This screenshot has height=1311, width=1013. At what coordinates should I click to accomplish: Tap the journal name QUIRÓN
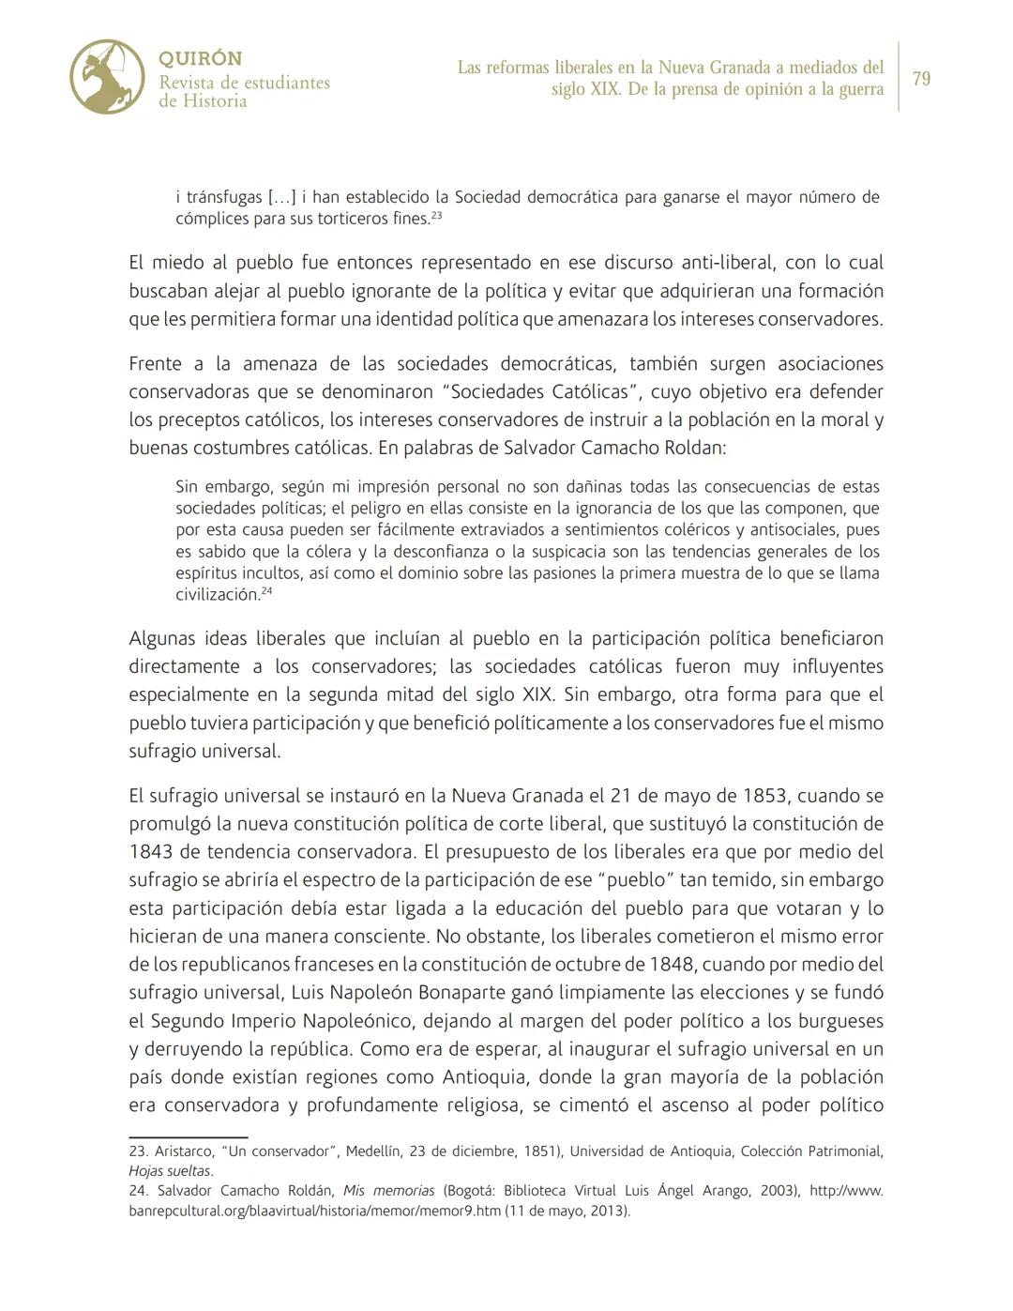click(x=200, y=59)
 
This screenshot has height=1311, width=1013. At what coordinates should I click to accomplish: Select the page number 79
click(x=921, y=79)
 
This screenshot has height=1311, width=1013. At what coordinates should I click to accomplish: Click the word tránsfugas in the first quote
click(x=224, y=198)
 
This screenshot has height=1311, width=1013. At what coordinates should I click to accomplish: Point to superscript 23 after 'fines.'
click(x=437, y=216)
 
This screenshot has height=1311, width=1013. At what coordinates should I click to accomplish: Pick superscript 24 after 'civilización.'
click(x=266, y=591)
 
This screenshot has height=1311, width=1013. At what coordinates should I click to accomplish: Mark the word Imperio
click(x=262, y=1021)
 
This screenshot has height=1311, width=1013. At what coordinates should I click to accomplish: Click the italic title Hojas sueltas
click(x=170, y=1171)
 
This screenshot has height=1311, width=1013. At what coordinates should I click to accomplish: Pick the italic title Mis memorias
click(x=388, y=1191)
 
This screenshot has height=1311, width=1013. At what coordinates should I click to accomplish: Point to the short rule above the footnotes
click(x=188, y=1137)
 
